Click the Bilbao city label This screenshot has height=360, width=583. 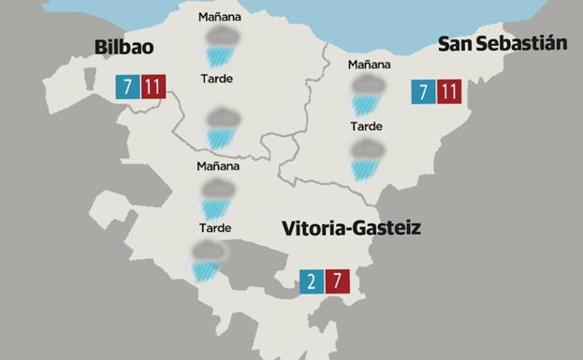(x=124, y=48)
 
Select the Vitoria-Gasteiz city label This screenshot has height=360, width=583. (x=351, y=227)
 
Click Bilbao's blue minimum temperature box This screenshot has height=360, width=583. (x=125, y=87)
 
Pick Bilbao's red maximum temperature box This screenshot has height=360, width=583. (x=153, y=87)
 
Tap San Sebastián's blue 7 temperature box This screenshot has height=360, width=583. (x=424, y=92)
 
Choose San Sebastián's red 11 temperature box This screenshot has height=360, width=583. (x=450, y=92)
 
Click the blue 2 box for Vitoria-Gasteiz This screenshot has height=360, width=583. (x=312, y=281)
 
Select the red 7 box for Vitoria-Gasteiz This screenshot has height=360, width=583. (x=338, y=281)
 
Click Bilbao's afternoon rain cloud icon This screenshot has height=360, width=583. (x=222, y=126)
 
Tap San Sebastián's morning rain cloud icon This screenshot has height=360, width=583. (x=367, y=95)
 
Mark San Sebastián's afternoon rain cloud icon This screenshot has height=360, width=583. (x=366, y=158)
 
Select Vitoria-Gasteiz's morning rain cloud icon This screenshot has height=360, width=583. (x=218, y=198)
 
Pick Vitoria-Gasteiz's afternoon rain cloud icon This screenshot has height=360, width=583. (x=206, y=261)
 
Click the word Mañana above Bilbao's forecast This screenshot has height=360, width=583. (x=220, y=17)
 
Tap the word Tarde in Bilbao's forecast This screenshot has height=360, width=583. (x=217, y=79)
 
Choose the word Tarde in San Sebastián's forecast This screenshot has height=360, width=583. (x=366, y=126)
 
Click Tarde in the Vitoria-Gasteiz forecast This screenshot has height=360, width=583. (x=215, y=228)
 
